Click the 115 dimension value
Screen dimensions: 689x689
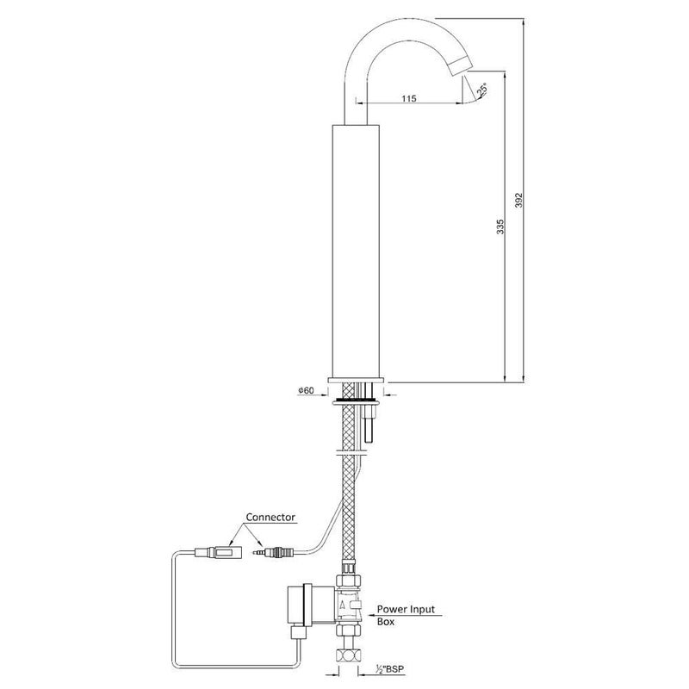pyautogui.click(x=408, y=98)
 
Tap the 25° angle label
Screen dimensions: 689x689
pyautogui.click(x=482, y=90)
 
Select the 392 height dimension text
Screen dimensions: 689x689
pyautogui.click(x=519, y=200)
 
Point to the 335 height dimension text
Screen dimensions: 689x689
pyautogui.click(x=500, y=227)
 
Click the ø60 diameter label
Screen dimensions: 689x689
pyautogui.click(x=306, y=390)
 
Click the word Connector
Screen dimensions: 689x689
pyautogui.click(x=270, y=518)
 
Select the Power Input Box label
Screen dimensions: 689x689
pyautogui.click(x=406, y=615)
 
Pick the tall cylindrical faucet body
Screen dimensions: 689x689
pyautogui.click(x=356, y=251)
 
